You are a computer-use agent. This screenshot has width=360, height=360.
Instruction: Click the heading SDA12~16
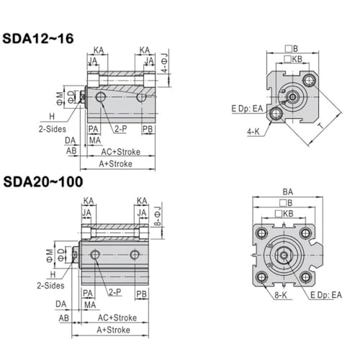[38, 38]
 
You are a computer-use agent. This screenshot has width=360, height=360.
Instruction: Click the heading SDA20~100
[43, 181]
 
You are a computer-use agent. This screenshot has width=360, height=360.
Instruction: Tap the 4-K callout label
[253, 132]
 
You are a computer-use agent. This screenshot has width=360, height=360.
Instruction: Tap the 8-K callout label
[281, 295]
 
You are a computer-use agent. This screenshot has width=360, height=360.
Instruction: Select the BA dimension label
[288, 192]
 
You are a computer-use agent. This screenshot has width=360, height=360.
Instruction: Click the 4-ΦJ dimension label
[165, 63]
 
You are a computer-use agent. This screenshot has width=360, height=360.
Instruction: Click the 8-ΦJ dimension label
[158, 216]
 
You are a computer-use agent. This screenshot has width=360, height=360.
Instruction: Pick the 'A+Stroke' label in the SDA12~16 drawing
[116, 164]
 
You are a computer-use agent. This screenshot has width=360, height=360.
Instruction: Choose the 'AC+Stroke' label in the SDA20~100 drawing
[117, 318]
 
